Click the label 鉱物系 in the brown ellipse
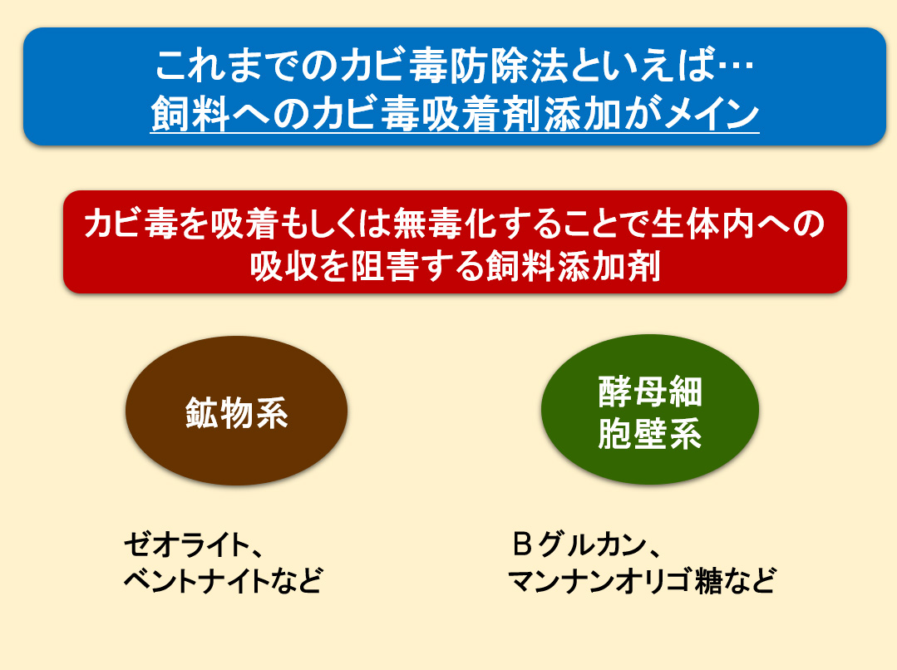[236, 412]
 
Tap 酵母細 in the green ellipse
[650, 392]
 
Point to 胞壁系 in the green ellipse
[650, 433]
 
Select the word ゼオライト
[185, 544]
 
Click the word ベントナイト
[196, 580]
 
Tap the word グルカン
[592, 544]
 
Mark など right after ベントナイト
[296, 580]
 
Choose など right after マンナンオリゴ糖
[749, 580]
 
